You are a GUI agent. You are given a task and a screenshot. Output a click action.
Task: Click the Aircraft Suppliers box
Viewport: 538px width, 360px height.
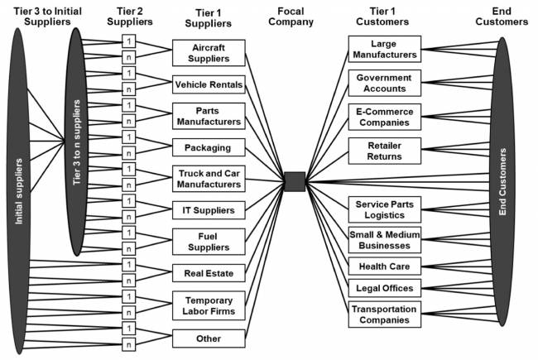click(x=209, y=53)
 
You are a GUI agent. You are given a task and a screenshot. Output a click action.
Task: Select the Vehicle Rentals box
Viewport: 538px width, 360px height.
click(x=209, y=84)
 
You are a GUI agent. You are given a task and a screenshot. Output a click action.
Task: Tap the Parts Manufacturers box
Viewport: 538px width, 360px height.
click(x=209, y=116)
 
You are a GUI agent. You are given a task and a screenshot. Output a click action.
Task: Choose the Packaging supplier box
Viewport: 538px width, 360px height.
click(x=209, y=147)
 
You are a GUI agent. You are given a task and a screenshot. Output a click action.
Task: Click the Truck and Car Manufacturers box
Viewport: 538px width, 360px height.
click(x=209, y=179)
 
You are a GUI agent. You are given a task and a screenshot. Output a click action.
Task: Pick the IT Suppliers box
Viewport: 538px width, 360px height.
click(x=209, y=210)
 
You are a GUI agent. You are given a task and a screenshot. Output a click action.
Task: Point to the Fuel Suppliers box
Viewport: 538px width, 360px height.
click(x=209, y=241)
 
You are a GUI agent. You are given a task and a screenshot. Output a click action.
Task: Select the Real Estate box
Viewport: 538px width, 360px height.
click(x=209, y=271)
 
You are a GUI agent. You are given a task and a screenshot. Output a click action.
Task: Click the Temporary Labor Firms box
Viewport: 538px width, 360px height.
click(x=209, y=305)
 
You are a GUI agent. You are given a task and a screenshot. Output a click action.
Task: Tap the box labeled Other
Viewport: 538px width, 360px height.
click(x=209, y=338)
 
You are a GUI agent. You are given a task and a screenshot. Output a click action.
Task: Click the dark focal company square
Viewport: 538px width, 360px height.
click(x=294, y=181)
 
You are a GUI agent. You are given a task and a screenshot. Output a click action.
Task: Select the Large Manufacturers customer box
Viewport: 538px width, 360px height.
click(x=384, y=49)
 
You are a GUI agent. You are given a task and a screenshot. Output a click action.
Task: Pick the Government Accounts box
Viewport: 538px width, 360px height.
click(x=384, y=83)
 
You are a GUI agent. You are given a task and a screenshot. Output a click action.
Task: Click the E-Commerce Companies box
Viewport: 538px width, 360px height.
click(x=384, y=117)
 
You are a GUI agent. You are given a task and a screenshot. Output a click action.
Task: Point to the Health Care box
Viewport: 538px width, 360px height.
click(x=384, y=266)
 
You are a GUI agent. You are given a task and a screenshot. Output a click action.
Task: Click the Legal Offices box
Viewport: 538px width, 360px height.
click(x=384, y=288)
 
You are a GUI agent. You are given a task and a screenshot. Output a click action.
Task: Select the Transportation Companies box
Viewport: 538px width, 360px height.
click(x=384, y=314)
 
